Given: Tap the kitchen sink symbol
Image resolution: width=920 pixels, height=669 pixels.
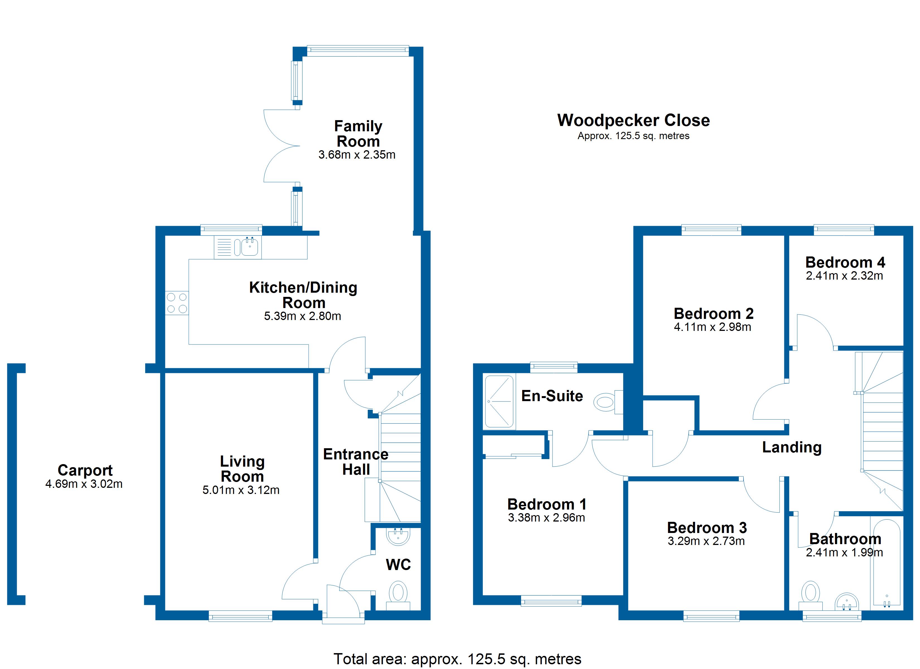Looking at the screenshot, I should [x=249, y=247].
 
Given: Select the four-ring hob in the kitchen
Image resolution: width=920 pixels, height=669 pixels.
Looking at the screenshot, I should [x=177, y=303].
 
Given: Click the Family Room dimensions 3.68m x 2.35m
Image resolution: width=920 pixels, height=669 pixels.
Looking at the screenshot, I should [x=357, y=155].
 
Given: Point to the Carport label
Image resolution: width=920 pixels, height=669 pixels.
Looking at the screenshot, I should [x=85, y=470].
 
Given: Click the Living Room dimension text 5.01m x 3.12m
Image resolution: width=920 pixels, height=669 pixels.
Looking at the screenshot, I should [x=241, y=490].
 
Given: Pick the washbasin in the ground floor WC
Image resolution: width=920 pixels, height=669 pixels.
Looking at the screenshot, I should [x=398, y=536].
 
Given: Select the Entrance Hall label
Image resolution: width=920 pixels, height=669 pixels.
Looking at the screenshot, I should [x=355, y=462].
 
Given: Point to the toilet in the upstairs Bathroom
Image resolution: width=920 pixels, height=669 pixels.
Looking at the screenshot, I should [x=810, y=593].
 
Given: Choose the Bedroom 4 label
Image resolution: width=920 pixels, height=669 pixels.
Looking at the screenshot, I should [x=845, y=263].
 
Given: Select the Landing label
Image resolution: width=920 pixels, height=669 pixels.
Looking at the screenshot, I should [x=791, y=447].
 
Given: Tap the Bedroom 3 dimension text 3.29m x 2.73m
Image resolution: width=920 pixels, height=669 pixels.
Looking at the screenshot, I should [x=706, y=541].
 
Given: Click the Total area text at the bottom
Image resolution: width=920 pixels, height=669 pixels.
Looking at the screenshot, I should [x=457, y=659].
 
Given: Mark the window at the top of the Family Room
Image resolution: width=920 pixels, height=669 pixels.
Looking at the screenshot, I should [x=357, y=50].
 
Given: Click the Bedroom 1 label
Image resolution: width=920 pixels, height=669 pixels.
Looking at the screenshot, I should [x=546, y=504].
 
